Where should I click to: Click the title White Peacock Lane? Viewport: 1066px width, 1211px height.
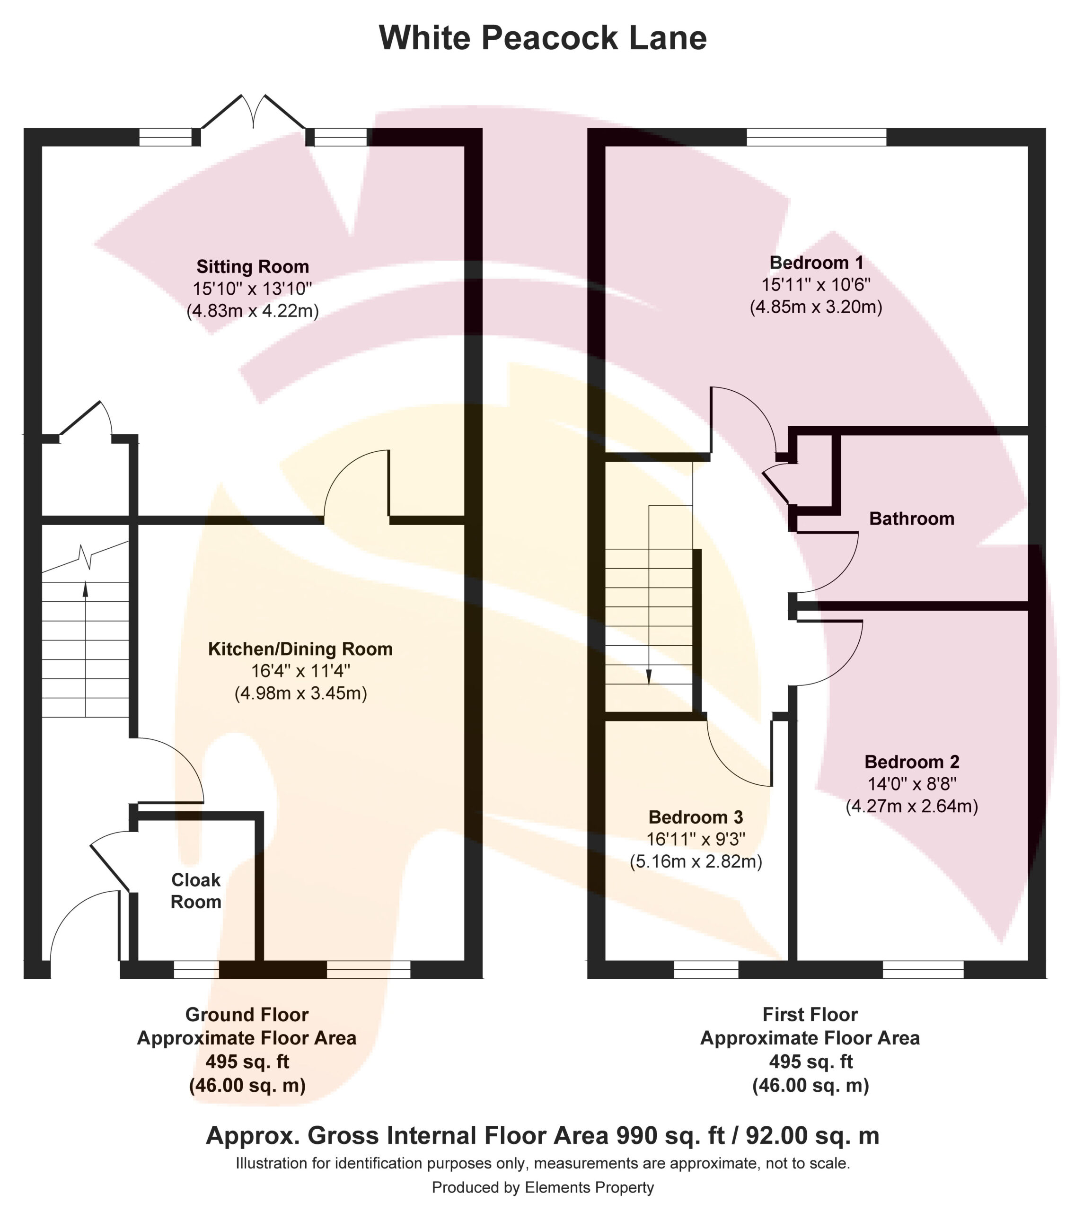click(x=542, y=38)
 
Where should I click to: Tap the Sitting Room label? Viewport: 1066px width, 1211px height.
click(x=253, y=267)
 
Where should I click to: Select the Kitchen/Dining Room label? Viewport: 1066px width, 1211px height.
click(x=300, y=649)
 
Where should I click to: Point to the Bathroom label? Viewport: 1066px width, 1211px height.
click(x=911, y=518)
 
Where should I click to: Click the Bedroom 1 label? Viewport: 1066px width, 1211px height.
click(x=816, y=263)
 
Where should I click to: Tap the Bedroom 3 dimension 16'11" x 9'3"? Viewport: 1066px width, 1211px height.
click(x=696, y=839)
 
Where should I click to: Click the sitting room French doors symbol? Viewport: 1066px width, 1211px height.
click(x=254, y=113)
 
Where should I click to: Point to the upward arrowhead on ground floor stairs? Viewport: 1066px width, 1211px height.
click(x=85, y=589)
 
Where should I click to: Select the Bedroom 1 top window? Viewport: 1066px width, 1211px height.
click(x=816, y=137)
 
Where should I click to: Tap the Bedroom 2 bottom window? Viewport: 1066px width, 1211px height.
click(x=923, y=970)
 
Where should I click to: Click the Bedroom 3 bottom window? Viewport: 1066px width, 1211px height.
click(x=706, y=970)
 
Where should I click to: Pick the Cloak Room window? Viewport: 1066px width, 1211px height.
click(x=196, y=970)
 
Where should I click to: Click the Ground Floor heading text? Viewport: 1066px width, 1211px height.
click(x=247, y=1015)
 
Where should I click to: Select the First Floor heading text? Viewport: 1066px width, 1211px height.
click(x=810, y=1015)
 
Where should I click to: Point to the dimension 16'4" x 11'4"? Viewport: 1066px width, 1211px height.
click(x=300, y=671)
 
